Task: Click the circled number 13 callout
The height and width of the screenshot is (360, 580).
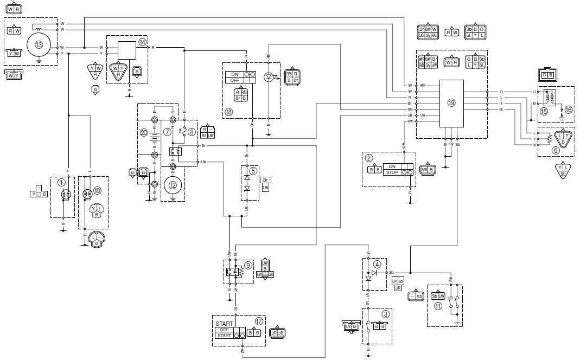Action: pyautogui.click(x=38, y=44)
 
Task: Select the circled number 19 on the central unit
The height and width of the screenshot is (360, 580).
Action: pyautogui.click(x=451, y=102)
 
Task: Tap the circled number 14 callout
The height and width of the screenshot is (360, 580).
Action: pyautogui.click(x=143, y=42)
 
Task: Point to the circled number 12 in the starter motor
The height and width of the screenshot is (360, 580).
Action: pyautogui.click(x=173, y=185)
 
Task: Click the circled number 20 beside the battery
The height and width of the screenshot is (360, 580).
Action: pyautogui.click(x=144, y=132)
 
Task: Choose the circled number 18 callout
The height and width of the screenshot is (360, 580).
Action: pyautogui.click(x=230, y=112)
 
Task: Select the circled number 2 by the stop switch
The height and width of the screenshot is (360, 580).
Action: pyautogui.click(x=369, y=158)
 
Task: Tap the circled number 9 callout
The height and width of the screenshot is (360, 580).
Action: pyautogui.click(x=247, y=265)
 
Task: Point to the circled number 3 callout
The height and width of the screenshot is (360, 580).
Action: pyautogui.click(x=385, y=313)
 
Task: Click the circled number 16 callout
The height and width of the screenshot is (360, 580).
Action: pyautogui.click(x=568, y=110)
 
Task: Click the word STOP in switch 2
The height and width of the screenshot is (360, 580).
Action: pyautogui.click(x=392, y=172)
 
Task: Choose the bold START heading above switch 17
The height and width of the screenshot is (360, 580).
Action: pyautogui.click(x=225, y=324)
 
